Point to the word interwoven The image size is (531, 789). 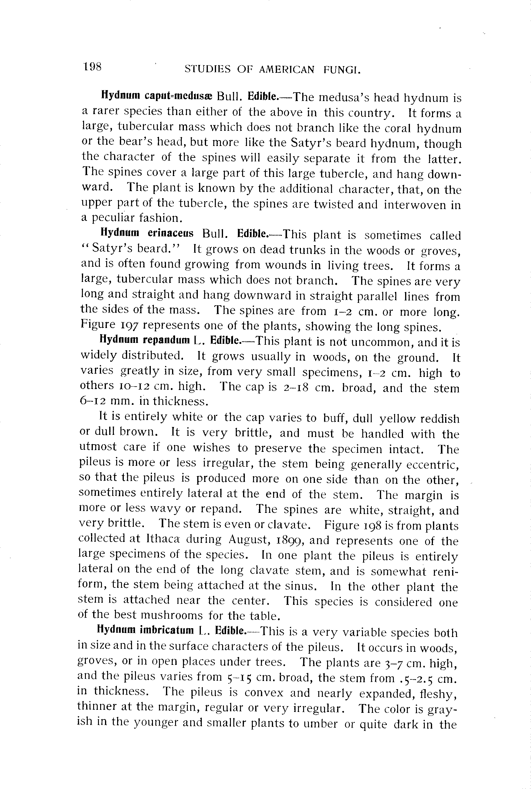[414, 205]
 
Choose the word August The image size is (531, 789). [248, 540]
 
